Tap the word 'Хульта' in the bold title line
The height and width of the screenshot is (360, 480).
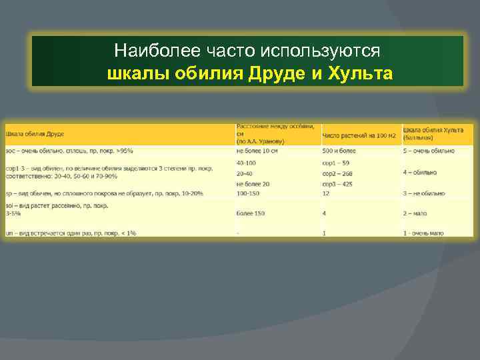361,72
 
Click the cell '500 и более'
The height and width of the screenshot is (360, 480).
339,151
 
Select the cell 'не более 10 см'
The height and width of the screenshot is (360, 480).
257,151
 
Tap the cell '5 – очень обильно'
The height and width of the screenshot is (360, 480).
429,151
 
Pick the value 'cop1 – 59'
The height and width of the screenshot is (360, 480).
337,163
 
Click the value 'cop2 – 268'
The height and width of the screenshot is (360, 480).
338,173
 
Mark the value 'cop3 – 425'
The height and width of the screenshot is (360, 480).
338,184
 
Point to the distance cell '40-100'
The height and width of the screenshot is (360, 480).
247,163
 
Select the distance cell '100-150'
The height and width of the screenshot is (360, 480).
248,193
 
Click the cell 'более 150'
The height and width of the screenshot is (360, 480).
250,213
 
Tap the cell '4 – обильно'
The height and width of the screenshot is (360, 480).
420,173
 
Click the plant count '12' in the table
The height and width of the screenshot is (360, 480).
326,193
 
